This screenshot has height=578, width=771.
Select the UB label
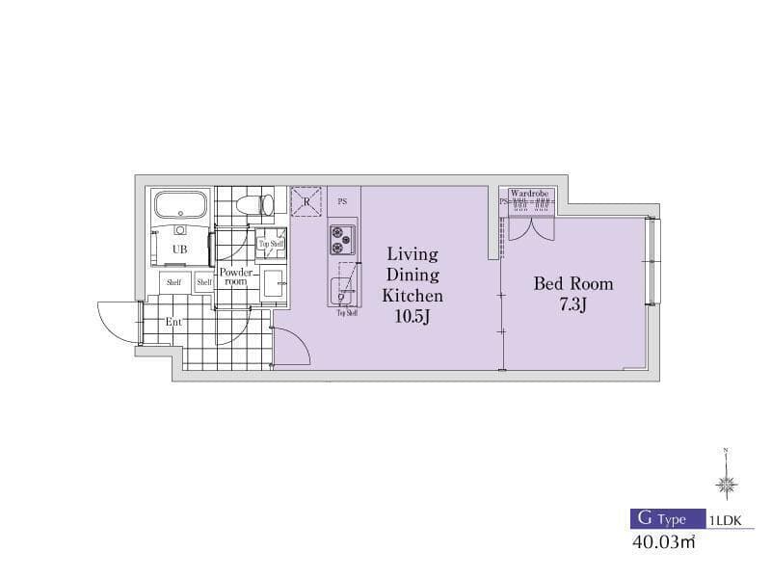tap(179, 250)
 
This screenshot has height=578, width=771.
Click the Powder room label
tap(235, 276)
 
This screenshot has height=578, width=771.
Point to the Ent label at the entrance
tap(173, 322)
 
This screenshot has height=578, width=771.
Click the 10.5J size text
tap(412, 316)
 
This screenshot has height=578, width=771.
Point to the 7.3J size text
tap(573, 305)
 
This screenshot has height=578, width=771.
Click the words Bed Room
tap(573, 284)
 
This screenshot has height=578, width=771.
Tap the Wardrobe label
tap(529, 193)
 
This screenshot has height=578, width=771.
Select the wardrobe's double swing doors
tap(529, 227)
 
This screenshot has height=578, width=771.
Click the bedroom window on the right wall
tap(653, 262)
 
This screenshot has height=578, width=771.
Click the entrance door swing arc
tap(116, 323)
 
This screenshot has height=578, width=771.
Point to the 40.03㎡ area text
tap(664, 543)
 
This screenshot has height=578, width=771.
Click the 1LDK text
tap(728, 519)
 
